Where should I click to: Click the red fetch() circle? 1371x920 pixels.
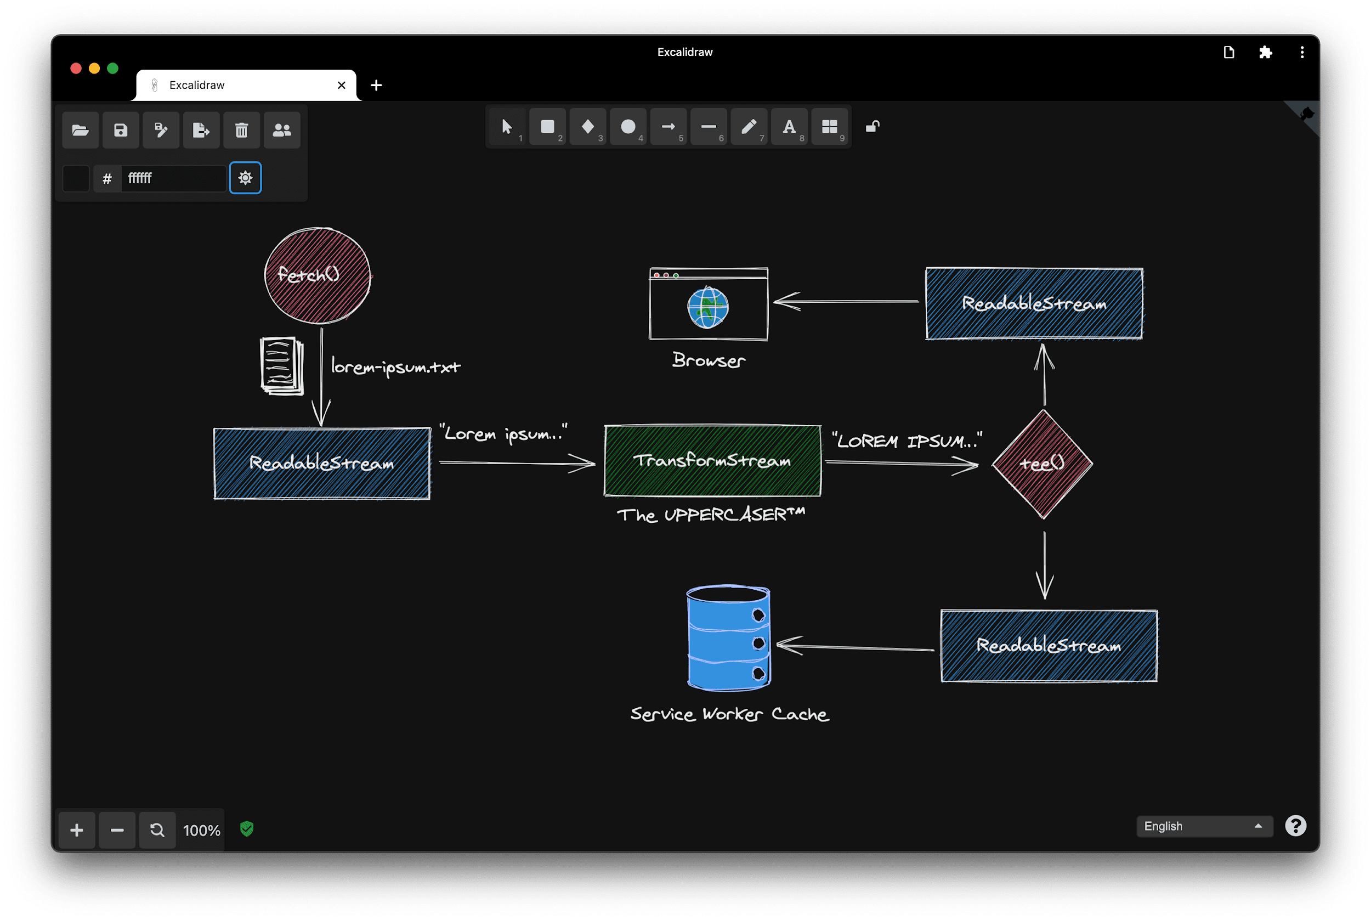click(317, 276)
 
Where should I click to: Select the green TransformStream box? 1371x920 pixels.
click(712, 461)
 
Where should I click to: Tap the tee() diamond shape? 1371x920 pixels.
click(1042, 464)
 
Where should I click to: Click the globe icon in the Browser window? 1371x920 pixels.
click(708, 307)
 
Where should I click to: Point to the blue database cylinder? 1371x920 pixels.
click(728, 639)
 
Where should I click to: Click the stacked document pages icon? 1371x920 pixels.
click(281, 365)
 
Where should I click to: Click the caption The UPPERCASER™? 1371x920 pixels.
click(711, 515)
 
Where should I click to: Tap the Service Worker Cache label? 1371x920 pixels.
click(729, 714)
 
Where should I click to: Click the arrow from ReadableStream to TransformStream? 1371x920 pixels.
click(516, 464)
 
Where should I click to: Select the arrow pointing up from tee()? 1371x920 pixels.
click(1044, 375)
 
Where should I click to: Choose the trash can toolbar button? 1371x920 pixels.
click(242, 130)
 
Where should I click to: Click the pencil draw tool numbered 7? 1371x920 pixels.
click(749, 127)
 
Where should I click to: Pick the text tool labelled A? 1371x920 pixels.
click(789, 127)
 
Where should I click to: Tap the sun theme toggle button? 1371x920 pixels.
click(245, 178)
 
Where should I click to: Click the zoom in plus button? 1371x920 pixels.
click(77, 830)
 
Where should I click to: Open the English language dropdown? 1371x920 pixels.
click(1204, 826)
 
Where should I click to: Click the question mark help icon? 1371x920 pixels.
click(1295, 826)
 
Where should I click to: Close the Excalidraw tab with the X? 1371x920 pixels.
click(341, 86)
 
